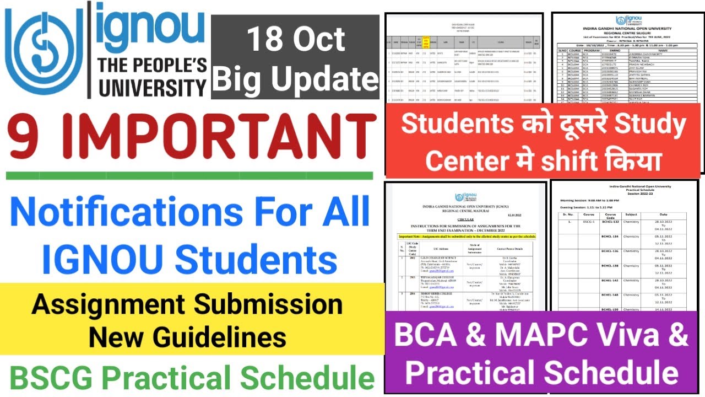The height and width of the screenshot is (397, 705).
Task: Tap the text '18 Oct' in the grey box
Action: pos(296,40)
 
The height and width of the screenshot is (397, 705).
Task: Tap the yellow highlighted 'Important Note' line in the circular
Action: pos(465,236)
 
